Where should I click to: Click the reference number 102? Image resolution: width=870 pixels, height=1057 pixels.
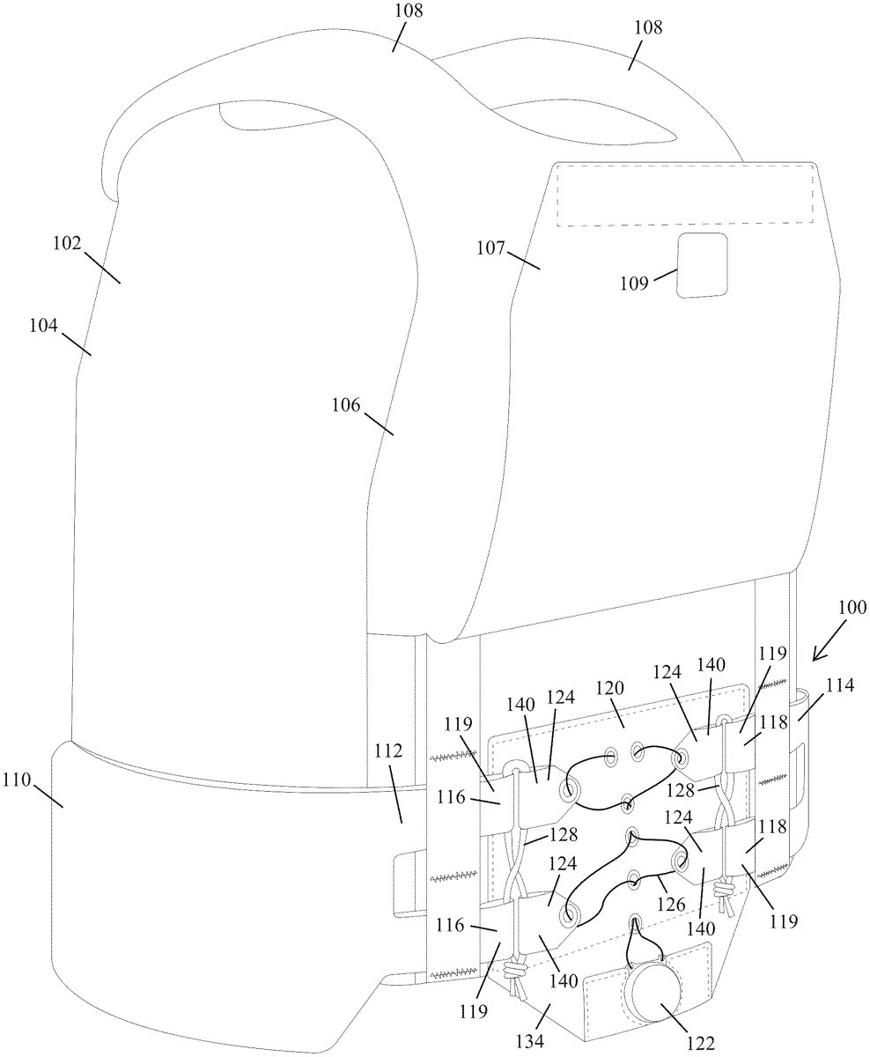(x=67, y=244)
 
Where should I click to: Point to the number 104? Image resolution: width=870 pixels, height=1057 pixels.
(x=43, y=326)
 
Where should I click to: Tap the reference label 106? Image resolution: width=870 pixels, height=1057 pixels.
(x=346, y=405)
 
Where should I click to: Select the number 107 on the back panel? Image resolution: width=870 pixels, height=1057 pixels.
(x=490, y=248)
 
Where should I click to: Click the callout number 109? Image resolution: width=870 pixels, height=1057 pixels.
(x=635, y=284)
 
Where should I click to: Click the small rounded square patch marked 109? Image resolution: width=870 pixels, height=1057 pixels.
(x=702, y=265)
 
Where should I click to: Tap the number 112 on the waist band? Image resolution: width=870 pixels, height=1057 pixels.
(x=388, y=750)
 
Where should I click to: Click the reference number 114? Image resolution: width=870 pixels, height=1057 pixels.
(x=840, y=685)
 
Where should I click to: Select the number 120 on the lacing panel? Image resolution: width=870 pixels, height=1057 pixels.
(x=609, y=688)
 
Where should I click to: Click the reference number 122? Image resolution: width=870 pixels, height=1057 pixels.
(x=701, y=1043)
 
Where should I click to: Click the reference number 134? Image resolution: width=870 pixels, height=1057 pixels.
(x=530, y=1040)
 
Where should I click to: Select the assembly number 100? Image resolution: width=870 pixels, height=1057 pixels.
(x=852, y=608)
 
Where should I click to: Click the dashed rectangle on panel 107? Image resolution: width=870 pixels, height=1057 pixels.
(x=685, y=194)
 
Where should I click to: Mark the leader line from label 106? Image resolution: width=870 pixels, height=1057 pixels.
(x=379, y=424)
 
